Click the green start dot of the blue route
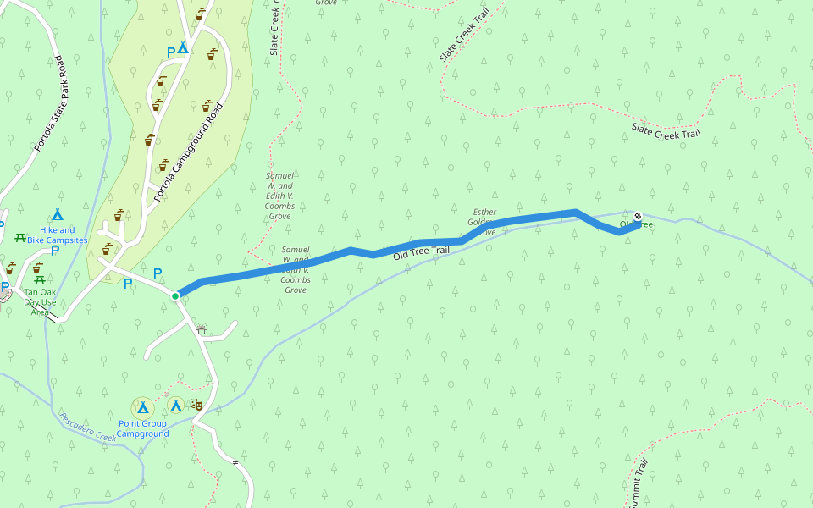tap(175, 295)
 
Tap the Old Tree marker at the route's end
tap(638, 216)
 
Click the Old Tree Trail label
tap(421, 251)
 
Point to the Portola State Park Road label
tap(49, 104)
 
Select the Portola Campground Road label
tap(189, 152)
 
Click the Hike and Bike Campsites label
tap(57, 235)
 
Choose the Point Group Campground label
tap(142, 428)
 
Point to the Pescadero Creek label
tap(87, 426)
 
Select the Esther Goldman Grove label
tap(484, 222)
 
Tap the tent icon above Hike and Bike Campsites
tap(57, 214)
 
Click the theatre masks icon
tap(196, 406)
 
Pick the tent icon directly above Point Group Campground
tap(142, 407)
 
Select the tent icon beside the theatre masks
tap(175, 406)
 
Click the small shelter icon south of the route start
tap(201, 329)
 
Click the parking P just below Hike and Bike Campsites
tap(55, 250)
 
